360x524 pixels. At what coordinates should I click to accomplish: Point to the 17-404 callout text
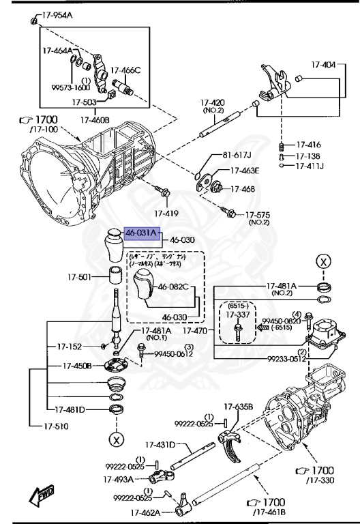pyautogui.click(x=324, y=65)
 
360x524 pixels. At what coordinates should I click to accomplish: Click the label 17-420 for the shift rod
pyautogui.click(x=212, y=104)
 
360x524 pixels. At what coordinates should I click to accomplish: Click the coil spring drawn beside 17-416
pyautogui.click(x=280, y=146)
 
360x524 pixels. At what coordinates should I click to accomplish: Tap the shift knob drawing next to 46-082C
pyautogui.click(x=145, y=287)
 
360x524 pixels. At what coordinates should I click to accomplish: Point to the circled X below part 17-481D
pyautogui.click(x=117, y=439)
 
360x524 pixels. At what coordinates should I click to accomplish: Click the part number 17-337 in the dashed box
pyautogui.click(x=238, y=315)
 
